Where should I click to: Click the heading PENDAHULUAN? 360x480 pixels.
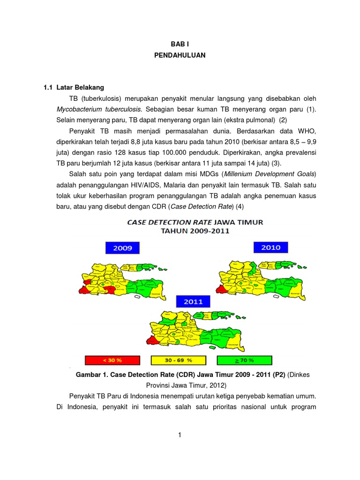(180, 55)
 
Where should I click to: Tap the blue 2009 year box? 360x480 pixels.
(122, 248)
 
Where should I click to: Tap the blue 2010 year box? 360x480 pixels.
(270, 247)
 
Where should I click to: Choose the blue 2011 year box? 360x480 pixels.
(193, 301)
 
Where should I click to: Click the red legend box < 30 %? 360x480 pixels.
(112, 360)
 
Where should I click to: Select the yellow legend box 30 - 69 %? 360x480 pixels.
(178, 360)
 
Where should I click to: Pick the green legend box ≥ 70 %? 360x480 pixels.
(244, 360)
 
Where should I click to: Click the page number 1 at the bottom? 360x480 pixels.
(180, 435)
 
